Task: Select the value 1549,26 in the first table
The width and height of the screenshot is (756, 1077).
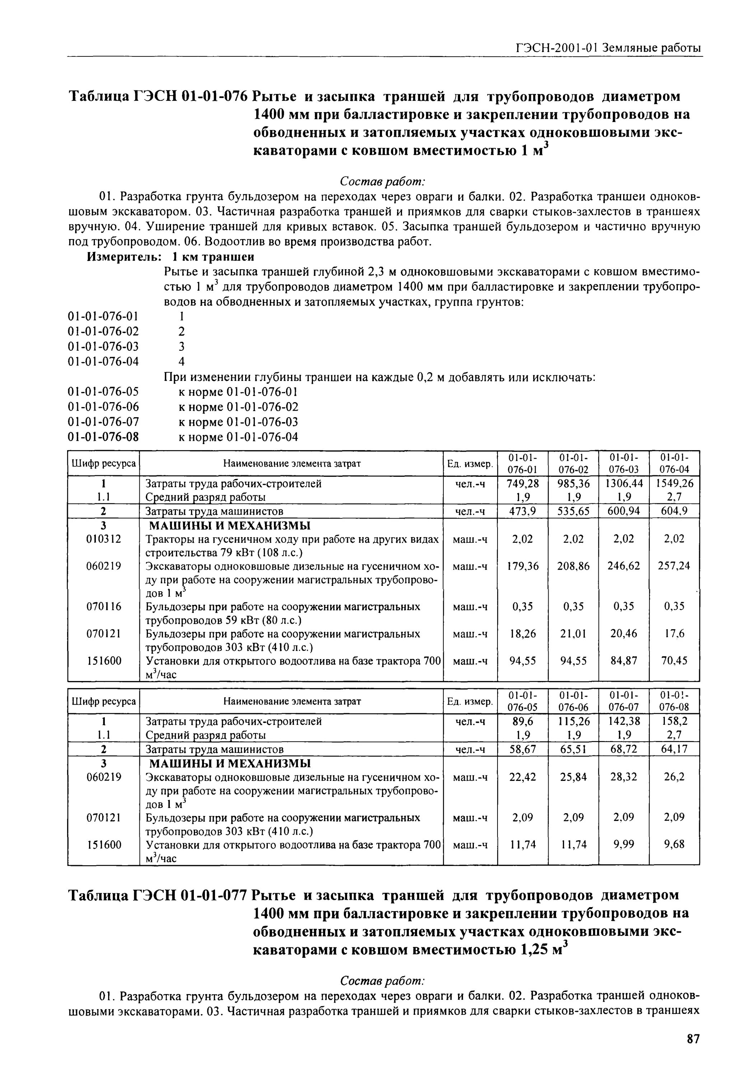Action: tap(674, 484)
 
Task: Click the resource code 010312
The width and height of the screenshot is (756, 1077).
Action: tap(104, 539)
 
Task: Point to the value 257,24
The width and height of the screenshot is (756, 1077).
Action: tap(674, 566)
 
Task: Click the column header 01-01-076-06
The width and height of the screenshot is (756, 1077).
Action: tap(573, 701)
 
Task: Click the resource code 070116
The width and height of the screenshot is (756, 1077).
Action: tap(104, 606)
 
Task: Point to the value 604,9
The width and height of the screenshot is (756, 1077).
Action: tap(674, 511)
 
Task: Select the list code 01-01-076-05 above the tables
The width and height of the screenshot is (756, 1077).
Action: tap(104, 392)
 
